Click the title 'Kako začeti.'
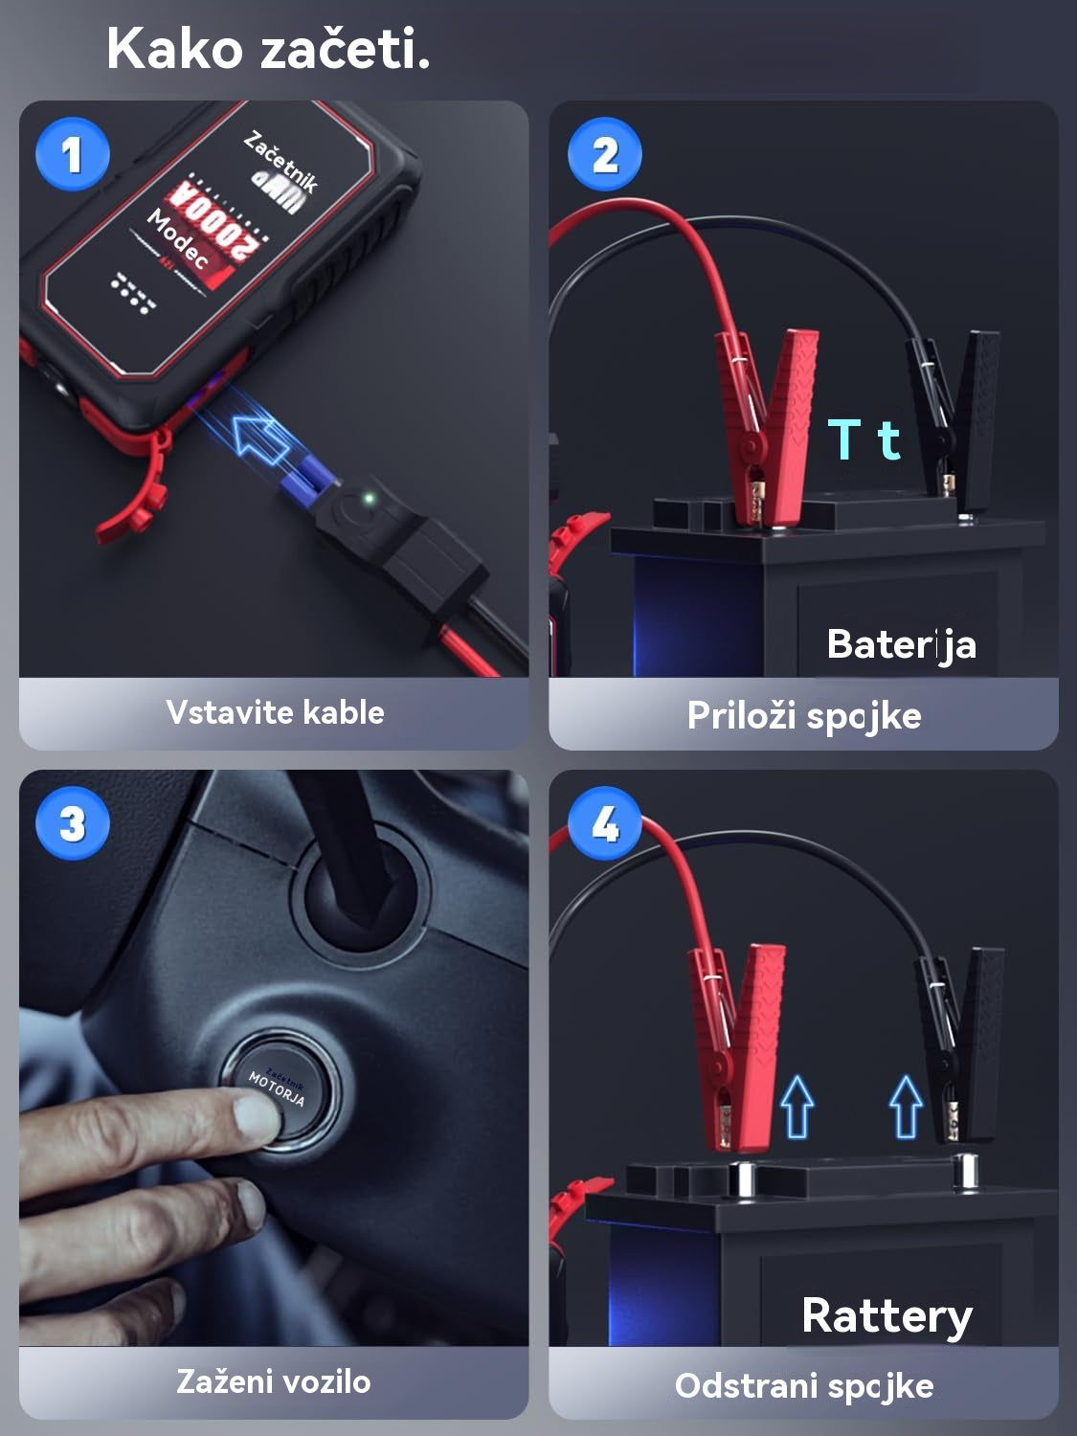tap(268, 49)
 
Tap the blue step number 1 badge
tap(73, 154)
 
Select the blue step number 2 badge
tap(604, 154)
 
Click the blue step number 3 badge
tap(73, 823)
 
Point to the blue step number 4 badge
tap(604, 823)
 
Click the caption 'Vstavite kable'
tap(275, 712)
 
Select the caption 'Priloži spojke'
tap(803, 715)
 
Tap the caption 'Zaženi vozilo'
tap(274, 1381)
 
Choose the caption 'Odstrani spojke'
tap(803, 1385)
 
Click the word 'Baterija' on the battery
tap(901, 644)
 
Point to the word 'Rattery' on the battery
tap(886, 1315)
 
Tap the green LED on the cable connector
tap(368, 499)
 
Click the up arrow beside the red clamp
tap(797, 1107)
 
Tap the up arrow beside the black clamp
tap(906, 1107)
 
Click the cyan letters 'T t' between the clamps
tap(864, 439)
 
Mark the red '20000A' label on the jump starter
tap(215, 220)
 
